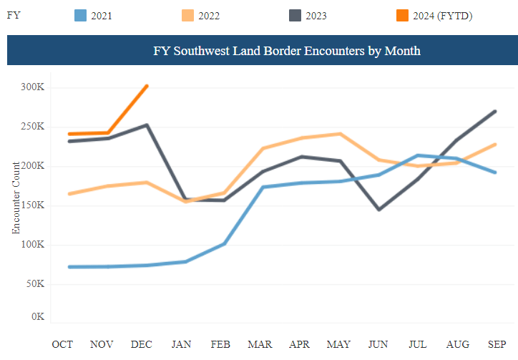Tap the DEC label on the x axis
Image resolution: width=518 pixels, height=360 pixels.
(142, 344)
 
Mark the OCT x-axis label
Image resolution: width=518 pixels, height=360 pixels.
(63, 344)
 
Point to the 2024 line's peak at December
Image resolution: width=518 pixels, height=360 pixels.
(147, 86)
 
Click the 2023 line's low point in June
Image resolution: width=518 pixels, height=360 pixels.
(378, 210)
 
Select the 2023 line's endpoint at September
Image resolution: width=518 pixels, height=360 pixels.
(495, 112)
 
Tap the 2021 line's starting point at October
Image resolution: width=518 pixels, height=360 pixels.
(69, 267)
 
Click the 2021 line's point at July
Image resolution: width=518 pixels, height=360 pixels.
(418, 155)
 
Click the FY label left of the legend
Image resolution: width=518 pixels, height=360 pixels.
(13, 15)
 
